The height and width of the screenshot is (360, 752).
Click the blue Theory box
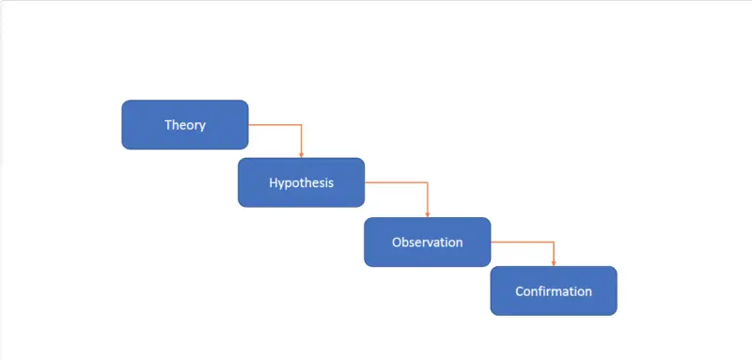tap(185, 124)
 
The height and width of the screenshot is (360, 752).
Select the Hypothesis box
tap(301, 182)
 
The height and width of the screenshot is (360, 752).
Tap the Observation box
tap(427, 242)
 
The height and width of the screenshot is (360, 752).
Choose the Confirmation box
tap(554, 290)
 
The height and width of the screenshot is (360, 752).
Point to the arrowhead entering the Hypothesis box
tap(301, 154)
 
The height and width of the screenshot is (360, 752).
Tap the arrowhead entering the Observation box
tap(427, 213)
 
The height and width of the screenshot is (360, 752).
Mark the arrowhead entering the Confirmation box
tap(554, 262)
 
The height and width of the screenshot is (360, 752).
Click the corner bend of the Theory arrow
tap(301, 124)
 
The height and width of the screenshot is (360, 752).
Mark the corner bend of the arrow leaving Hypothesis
tap(427, 182)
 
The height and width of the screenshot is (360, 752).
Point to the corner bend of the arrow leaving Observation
tap(554, 242)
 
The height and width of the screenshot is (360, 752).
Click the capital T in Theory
tap(168, 124)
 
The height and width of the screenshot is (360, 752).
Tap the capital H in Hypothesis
tap(274, 182)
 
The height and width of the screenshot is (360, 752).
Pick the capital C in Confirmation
tap(520, 290)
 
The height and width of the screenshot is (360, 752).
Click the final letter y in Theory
tap(202, 126)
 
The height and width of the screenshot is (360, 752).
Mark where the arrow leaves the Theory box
tap(250, 124)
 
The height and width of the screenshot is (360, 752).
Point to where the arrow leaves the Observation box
tap(493, 242)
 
